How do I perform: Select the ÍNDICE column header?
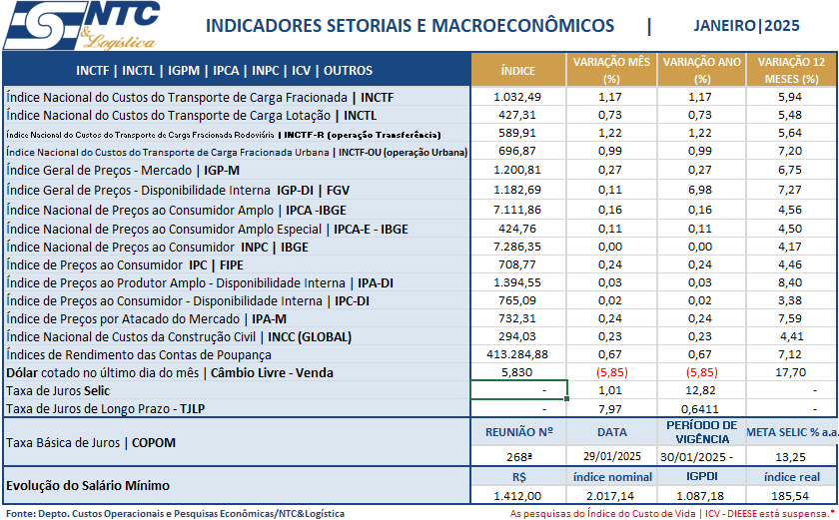[517, 71]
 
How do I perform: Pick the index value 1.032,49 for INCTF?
[517, 97]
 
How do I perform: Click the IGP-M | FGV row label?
[115, 171]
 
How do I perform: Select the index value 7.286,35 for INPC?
[517, 246]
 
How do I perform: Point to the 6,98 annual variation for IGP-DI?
[701, 190]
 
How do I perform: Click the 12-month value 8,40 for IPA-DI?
[790, 282]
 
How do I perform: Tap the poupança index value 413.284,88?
[517, 354]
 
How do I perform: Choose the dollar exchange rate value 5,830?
[517, 372]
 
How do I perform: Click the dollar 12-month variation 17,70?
[790, 372]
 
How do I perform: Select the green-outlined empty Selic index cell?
[518, 390]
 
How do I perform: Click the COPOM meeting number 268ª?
[517, 456]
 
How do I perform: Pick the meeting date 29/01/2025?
[610, 456]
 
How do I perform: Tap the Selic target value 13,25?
[790, 456]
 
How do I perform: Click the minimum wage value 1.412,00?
[517, 495]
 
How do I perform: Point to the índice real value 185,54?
[790, 495]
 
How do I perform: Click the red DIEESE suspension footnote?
[672, 513]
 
